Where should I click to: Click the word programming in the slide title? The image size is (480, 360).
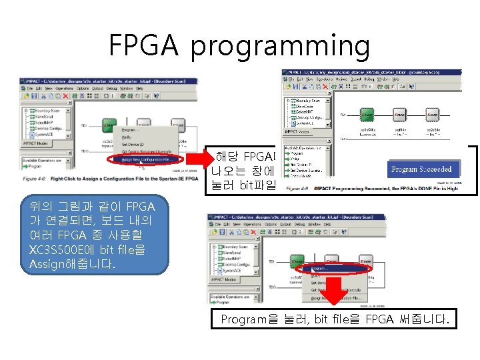point(280,47)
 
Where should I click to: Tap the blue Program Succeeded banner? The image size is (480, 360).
point(421,169)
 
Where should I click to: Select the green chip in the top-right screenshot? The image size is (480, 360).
point(367,115)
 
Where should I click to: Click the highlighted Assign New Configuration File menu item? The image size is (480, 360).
point(146,160)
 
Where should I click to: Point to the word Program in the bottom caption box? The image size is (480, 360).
point(243,320)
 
